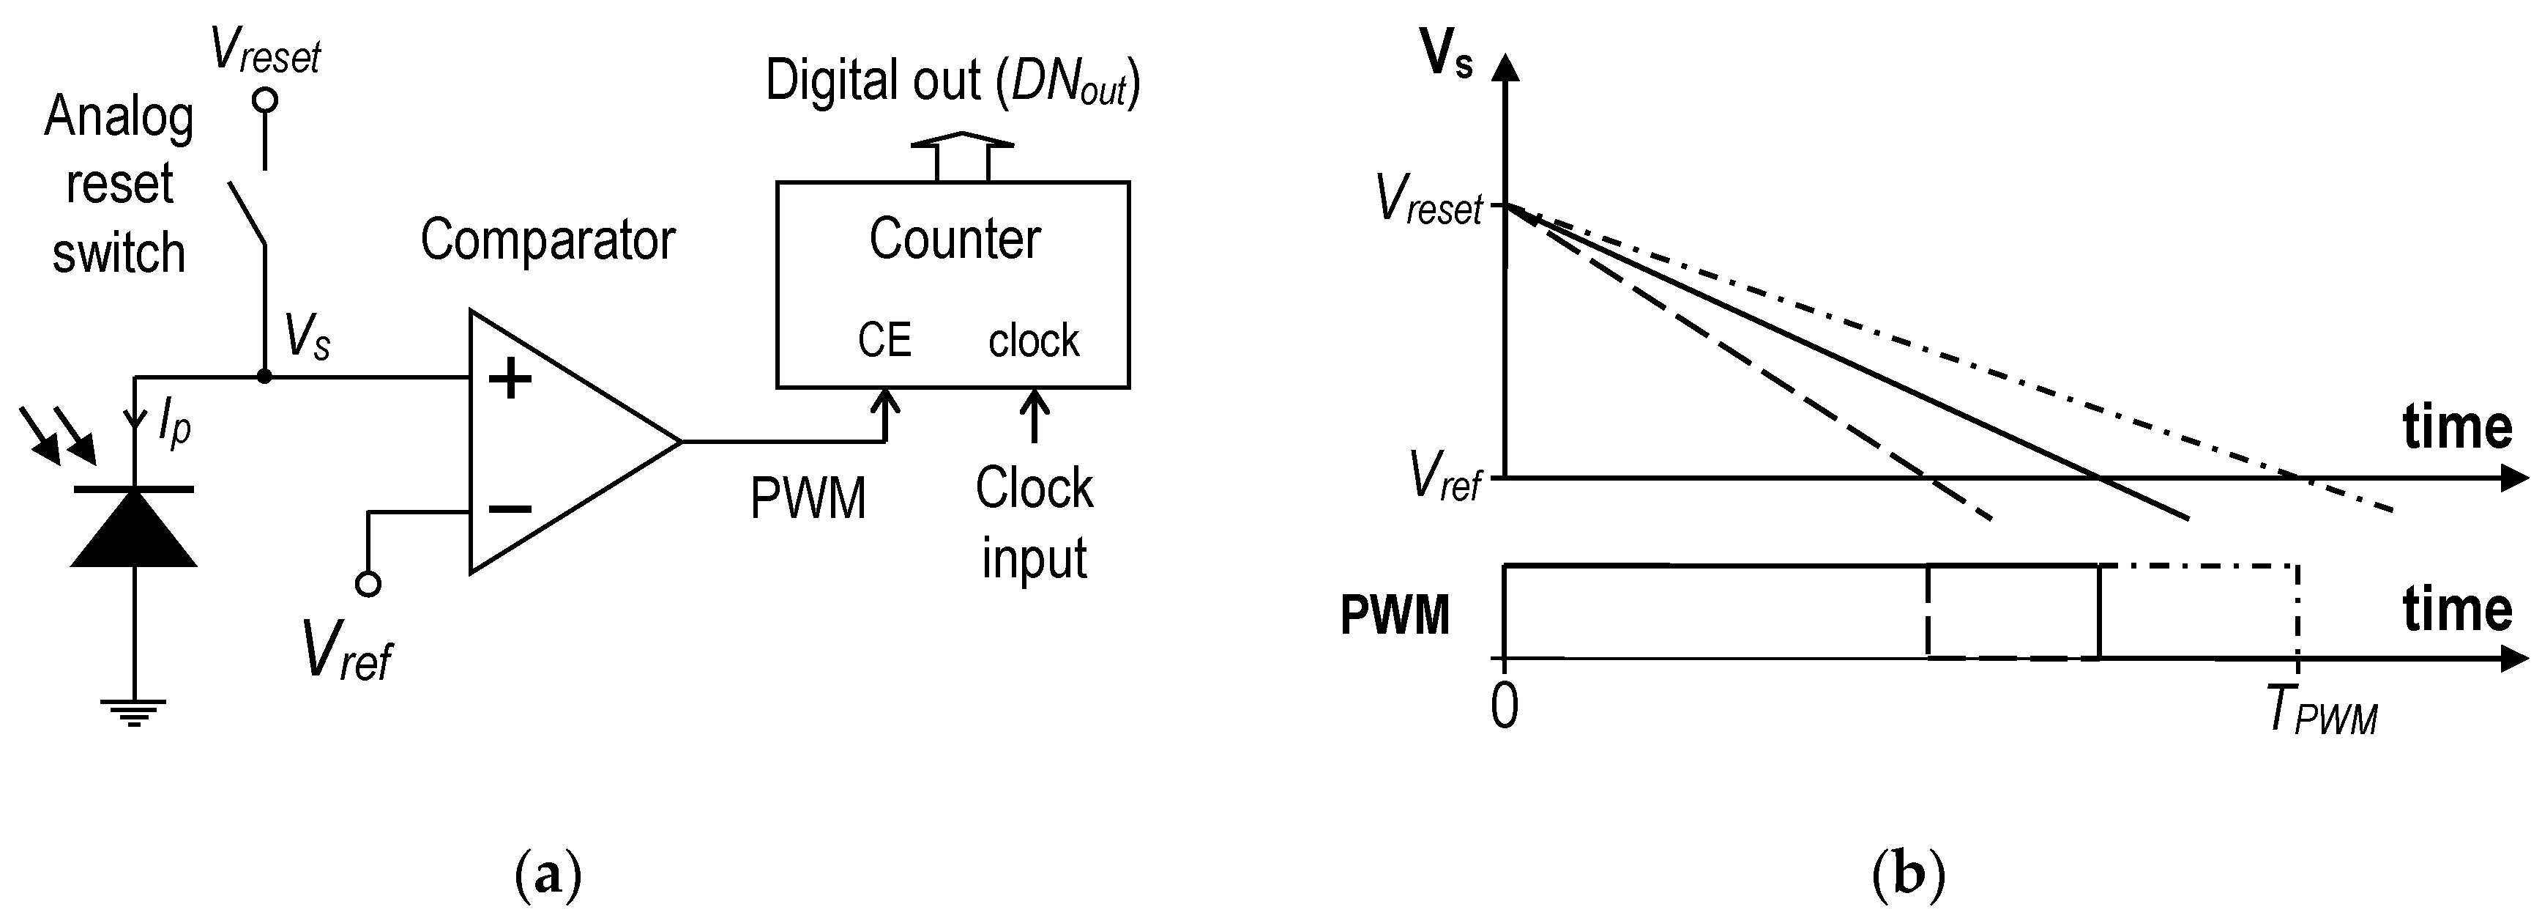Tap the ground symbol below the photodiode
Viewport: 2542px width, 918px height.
pos(133,711)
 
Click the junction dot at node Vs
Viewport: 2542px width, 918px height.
pos(264,376)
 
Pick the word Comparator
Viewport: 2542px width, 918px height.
pos(548,240)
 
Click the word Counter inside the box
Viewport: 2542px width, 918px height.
pos(954,239)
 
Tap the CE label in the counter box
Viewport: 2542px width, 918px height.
pos(884,341)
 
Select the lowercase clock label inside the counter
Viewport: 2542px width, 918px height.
pos(1033,341)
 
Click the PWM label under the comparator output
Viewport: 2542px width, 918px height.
pos(808,498)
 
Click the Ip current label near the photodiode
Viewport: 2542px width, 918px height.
pos(174,426)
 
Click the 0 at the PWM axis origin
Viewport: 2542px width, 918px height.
pos(1505,707)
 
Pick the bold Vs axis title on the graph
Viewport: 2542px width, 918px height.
pos(1447,57)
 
